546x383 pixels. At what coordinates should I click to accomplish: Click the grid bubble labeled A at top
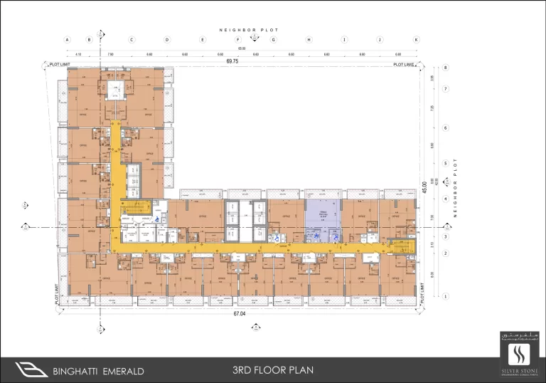pos(66,40)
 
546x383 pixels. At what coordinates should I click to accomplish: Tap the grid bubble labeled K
pos(417,40)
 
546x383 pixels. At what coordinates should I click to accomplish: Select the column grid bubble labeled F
pos(238,40)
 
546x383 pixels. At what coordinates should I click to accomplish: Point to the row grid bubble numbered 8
pos(446,68)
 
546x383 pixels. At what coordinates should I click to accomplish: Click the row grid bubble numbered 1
pos(446,295)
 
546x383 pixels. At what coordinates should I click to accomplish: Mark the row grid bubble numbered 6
pos(446,128)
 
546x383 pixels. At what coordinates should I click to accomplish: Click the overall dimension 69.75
pos(232,63)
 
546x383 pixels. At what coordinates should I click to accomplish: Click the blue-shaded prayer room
pos(323,213)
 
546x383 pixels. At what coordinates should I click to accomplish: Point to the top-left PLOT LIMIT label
pos(59,65)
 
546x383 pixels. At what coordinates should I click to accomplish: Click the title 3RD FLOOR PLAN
pos(272,370)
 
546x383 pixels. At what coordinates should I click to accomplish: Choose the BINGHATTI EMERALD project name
pos(99,371)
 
